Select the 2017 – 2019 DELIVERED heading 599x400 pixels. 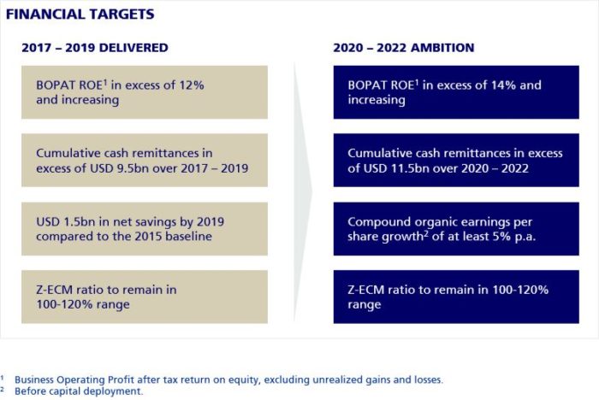point(94,48)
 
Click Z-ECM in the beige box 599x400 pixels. point(56,290)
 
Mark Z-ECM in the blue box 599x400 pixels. point(368,290)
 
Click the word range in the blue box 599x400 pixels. point(365,304)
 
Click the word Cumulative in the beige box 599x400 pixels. point(70,153)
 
